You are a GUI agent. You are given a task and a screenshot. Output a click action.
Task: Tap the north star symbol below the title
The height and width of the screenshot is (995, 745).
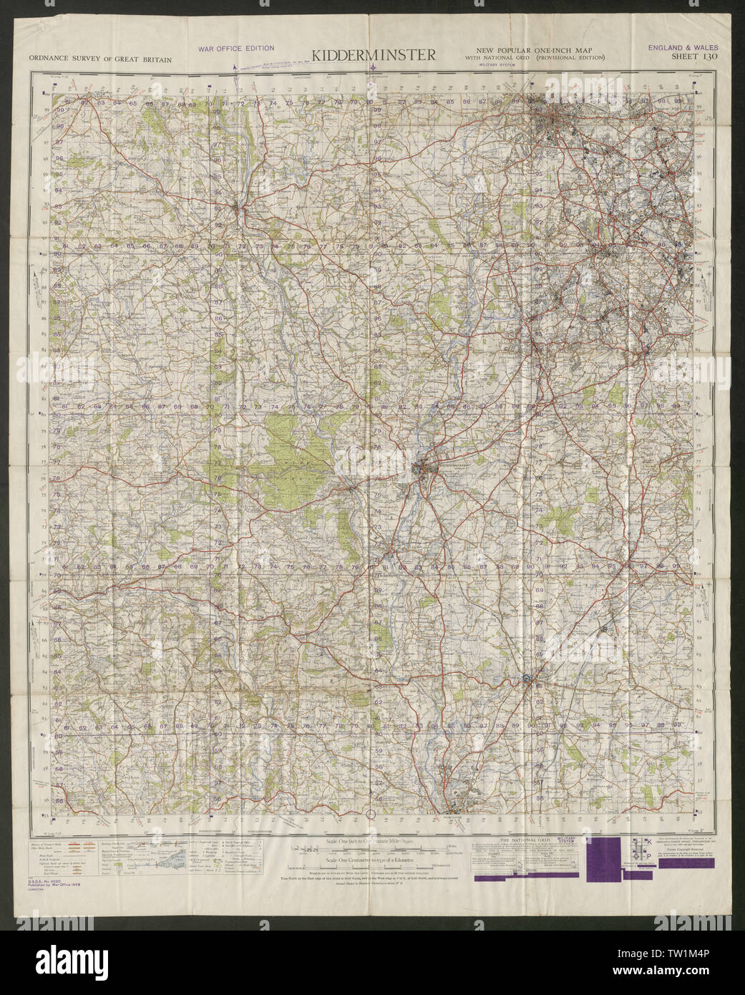pos(374,69)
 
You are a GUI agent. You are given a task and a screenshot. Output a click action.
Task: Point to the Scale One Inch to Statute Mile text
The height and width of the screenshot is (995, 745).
pos(372,839)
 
